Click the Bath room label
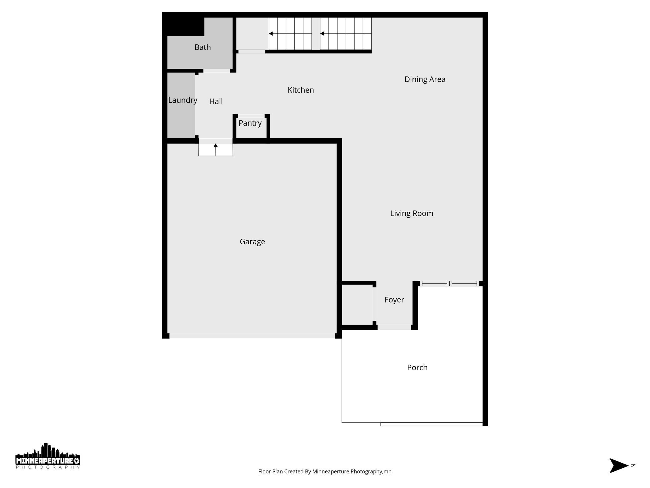click(x=202, y=47)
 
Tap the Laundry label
click(x=182, y=100)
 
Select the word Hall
click(x=216, y=101)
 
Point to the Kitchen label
click(x=301, y=90)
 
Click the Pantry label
click(x=250, y=123)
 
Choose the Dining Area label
click(x=425, y=79)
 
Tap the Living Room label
click(x=412, y=213)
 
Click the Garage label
click(x=252, y=241)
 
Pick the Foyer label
click(x=394, y=300)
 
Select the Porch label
click(x=417, y=368)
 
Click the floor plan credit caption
click(x=325, y=471)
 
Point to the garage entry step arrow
click(x=216, y=149)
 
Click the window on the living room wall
click(x=449, y=284)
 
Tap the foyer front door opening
click(x=394, y=328)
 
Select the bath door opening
click(x=217, y=71)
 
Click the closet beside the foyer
click(x=357, y=305)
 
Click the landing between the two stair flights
click(x=316, y=33)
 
